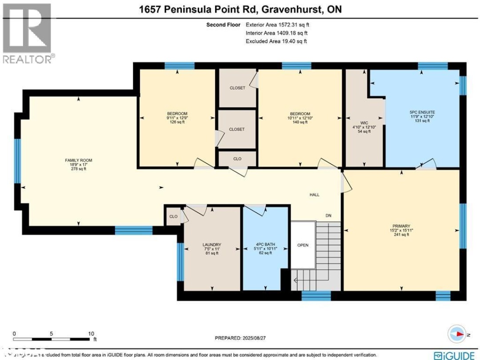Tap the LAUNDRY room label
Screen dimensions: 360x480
pyautogui.click(x=212, y=244)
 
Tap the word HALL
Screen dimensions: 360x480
pyautogui.click(x=315, y=195)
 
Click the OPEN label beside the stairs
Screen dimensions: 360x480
pyautogui.click(x=303, y=245)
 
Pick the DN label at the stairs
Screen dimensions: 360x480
pyautogui.click(x=328, y=216)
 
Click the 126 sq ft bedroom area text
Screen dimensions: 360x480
pyautogui.click(x=177, y=122)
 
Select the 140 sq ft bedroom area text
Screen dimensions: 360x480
pyautogui.click(x=298, y=122)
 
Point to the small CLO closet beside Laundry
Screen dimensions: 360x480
pyautogui.click(x=173, y=216)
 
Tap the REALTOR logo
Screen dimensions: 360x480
pyautogui.click(x=28, y=33)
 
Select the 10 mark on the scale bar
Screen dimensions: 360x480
pyautogui.click(x=91, y=333)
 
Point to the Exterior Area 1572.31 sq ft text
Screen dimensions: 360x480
pyautogui.click(x=277, y=25)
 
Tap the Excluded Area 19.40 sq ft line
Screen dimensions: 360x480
pyautogui.click(x=276, y=41)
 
